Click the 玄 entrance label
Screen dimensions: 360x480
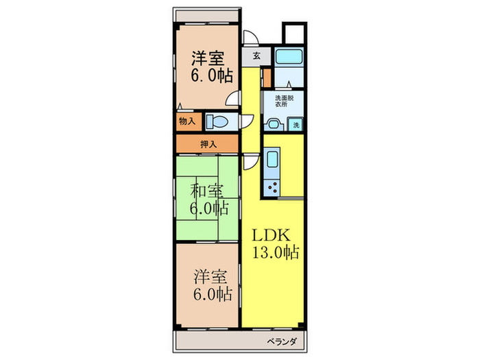[x=256, y=56]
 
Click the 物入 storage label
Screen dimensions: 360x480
[x=187, y=121]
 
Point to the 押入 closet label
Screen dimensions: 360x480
[x=208, y=145]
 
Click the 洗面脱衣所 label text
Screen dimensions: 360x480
[x=284, y=102]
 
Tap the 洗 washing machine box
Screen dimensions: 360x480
[x=296, y=125]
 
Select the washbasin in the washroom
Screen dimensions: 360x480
[x=274, y=124]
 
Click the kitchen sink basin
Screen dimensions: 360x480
[x=270, y=163]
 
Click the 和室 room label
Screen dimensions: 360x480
[x=206, y=189]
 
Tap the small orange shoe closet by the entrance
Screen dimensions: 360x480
[x=267, y=74]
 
